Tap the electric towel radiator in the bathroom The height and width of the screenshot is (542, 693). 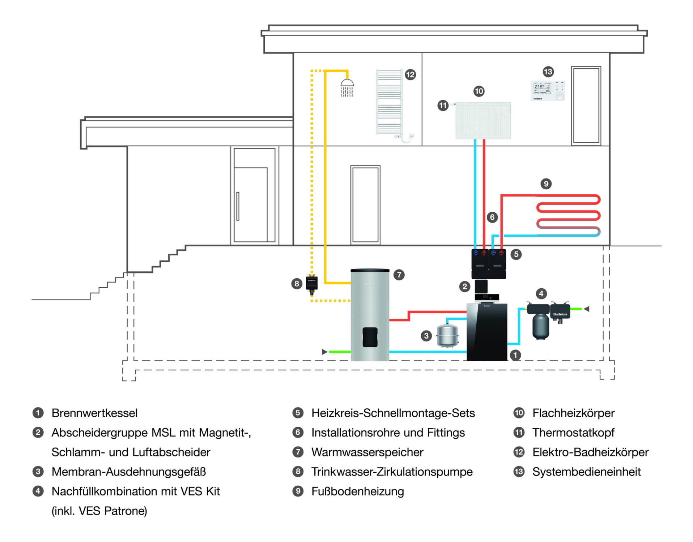pyautogui.click(x=389, y=102)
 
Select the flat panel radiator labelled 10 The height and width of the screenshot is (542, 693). pyautogui.click(x=483, y=121)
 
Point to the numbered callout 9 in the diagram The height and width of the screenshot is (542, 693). pyautogui.click(x=546, y=184)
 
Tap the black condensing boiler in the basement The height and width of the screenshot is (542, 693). pyautogui.click(x=487, y=332)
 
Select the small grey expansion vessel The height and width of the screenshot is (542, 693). pyautogui.click(x=447, y=336)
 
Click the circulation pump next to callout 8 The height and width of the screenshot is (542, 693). pyautogui.click(x=312, y=283)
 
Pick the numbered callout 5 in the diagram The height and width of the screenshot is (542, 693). pyautogui.click(x=516, y=254)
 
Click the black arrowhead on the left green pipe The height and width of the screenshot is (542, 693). pyautogui.click(x=324, y=352)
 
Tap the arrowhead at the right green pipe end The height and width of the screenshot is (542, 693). pyautogui.click(x=587, y=309)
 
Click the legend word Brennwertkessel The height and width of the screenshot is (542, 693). pyautogui.click(x=94, y=413)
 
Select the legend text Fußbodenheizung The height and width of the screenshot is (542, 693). pyautogui.click(x=357, y=491)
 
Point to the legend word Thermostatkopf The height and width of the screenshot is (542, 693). pyautogui.click(x=573, y=433)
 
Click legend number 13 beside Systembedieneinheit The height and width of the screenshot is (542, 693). pyautogui.click(x=519, y=472)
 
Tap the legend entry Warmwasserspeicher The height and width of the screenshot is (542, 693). pyautogui.click(x=367, y=452)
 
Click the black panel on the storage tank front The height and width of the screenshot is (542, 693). pyautogui.click(x=370, y=337)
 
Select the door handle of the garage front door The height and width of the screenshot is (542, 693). pyautogui.click(x=238, y=206)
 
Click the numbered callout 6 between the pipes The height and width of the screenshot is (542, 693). pyautogui.click(x=492, y=217)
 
